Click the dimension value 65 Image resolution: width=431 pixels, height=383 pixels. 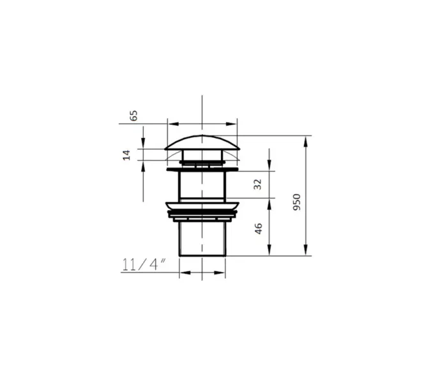pos(133,116)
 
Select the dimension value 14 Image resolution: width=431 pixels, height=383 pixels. pos(126,155)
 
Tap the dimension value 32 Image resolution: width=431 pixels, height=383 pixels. pos(257,184)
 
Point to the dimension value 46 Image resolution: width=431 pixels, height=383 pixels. pos(259,229)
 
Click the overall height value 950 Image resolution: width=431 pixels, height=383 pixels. pos(297,202)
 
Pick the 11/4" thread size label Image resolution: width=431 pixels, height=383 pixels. pos(144,264)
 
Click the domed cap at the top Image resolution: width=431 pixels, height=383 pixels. pos(202,143)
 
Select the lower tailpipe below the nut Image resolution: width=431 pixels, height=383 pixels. pos(202,239)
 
